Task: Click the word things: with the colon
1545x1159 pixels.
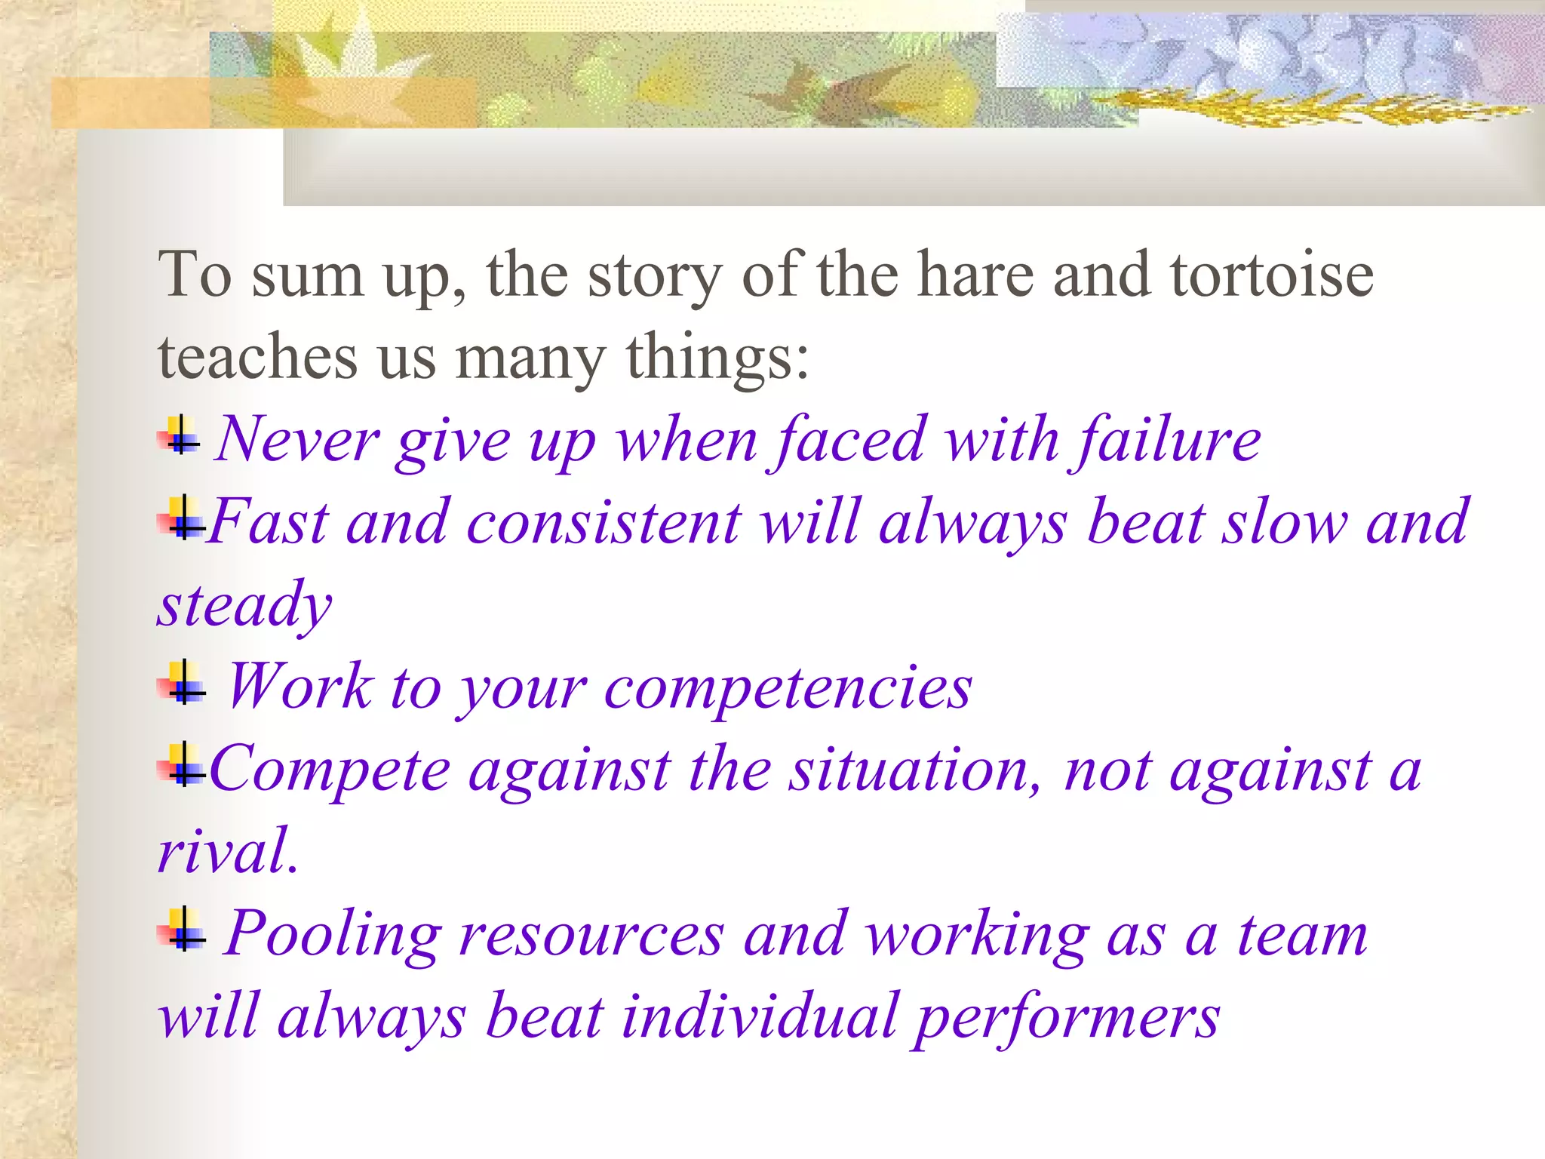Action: (717, 358)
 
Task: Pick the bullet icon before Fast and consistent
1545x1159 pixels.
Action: (181, 519)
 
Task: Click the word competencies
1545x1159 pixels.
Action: (788, 687)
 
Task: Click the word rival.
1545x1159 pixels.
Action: (226, 852)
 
